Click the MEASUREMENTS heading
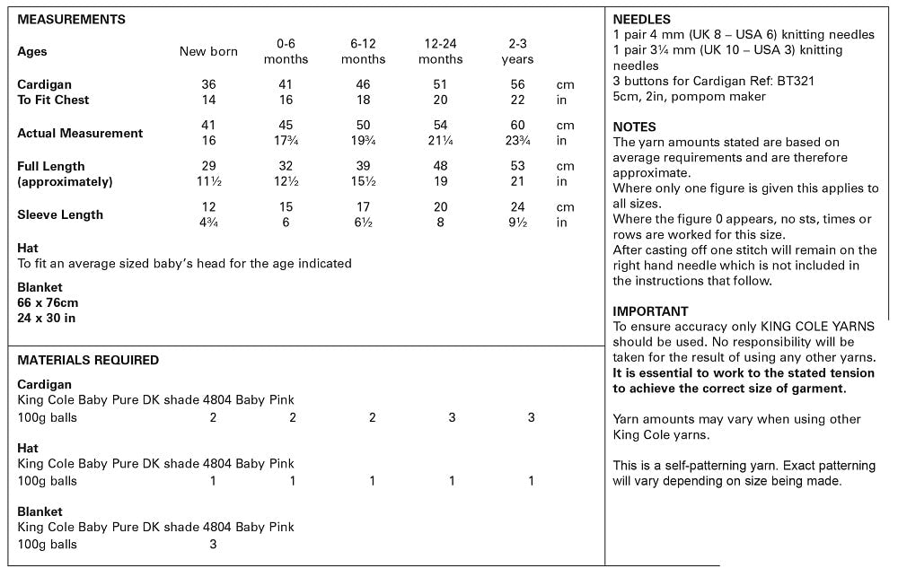[x=71, y=19]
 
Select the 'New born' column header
[x=208, y=51]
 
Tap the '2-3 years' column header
[x=517, y=51]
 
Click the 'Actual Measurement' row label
[x=80, y=133]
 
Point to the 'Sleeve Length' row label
[x=60, y=214]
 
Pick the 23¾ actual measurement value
[x=518, y=141]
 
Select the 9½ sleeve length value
[x=518, y=223]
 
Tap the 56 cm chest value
[x=518, y=84]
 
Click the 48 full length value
[x=441, y=166]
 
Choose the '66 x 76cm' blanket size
[x=48, y=302]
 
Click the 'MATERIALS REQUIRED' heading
[x=88, y=360]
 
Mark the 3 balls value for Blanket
[x=213, y=544]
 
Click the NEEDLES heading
[x=641, y=19]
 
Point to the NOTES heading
[x=634, y=127]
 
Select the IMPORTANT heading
[x=650, y=311]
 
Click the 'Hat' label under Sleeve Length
[x=28, y=248]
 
